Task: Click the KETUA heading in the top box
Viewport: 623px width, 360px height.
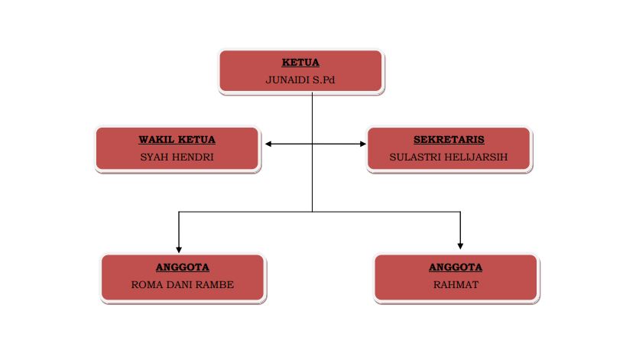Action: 300,63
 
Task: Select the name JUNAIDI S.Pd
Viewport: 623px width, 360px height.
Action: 300,80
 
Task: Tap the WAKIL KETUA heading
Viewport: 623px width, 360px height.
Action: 177,140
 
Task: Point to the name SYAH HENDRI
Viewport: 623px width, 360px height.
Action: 177,157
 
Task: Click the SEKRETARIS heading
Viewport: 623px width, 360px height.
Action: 449,140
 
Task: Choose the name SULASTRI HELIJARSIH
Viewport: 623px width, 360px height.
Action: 449,157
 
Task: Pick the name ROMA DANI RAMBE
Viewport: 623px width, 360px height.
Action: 183,285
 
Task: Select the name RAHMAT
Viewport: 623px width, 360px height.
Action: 456,285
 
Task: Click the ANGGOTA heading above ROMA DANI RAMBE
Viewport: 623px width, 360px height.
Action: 183,268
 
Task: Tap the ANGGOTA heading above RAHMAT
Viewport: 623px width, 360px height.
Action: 456,268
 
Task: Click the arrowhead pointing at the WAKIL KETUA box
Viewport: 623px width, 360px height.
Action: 268,143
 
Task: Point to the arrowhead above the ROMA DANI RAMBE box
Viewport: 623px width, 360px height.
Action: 179,248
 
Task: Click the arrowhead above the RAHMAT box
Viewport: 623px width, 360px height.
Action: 460,245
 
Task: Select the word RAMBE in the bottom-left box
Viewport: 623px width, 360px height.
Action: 216,285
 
